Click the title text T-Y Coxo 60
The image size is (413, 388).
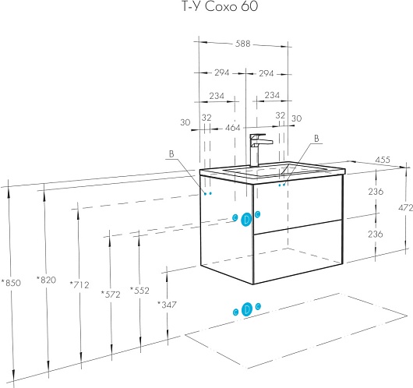(220, 6)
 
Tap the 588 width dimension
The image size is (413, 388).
(242, 44)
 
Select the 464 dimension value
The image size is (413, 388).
(232, 128)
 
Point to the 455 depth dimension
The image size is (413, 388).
(383, 160)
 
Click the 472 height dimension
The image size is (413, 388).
(406, 208)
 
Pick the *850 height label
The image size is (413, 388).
(11, 283)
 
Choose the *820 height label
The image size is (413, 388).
(46, 280)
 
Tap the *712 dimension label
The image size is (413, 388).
(79, 284)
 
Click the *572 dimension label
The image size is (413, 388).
(111, 295)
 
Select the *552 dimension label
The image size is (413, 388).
(139, 291)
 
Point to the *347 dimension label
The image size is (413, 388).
(167, 305)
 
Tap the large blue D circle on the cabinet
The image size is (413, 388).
(246, 220)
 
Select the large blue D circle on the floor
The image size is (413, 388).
(247, 309)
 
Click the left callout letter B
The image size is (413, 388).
(171, 153)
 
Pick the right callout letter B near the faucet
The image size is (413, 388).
(316, 138)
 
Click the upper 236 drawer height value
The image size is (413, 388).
(376, 192)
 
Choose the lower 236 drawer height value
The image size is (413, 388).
(376, 234)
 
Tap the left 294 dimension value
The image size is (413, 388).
(222, 72)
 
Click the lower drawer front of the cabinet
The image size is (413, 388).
(298, 252)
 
